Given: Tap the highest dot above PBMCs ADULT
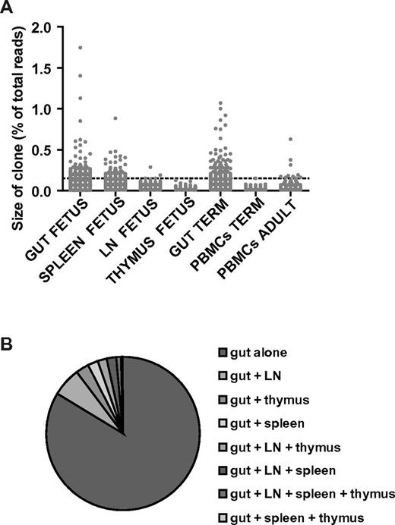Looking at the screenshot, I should click(x=289, y=140).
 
